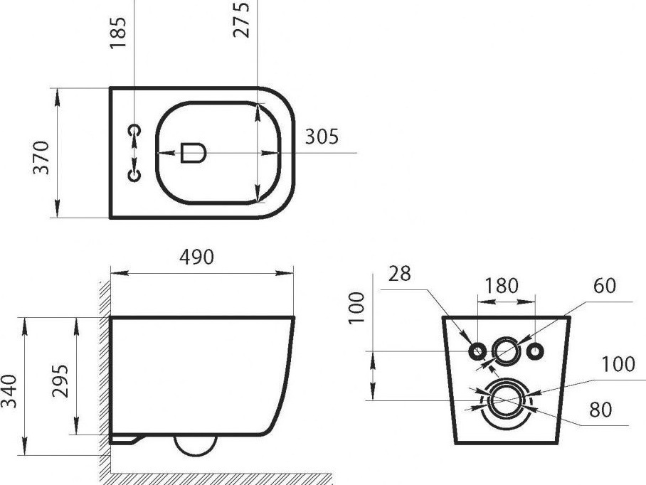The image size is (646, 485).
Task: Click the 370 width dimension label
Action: point(41,158)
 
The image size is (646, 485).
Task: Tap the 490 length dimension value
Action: point(196,257)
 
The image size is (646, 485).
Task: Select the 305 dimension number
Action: point(322,137)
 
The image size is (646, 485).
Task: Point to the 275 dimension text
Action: point(241,20)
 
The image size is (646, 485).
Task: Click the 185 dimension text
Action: point(118,33)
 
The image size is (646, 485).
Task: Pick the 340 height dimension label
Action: point(9,391)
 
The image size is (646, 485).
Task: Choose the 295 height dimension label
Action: point(60,381)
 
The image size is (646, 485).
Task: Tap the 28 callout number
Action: point(399,274)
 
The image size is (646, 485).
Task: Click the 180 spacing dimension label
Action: point(501,286)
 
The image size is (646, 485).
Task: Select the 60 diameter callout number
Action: point(605,286)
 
